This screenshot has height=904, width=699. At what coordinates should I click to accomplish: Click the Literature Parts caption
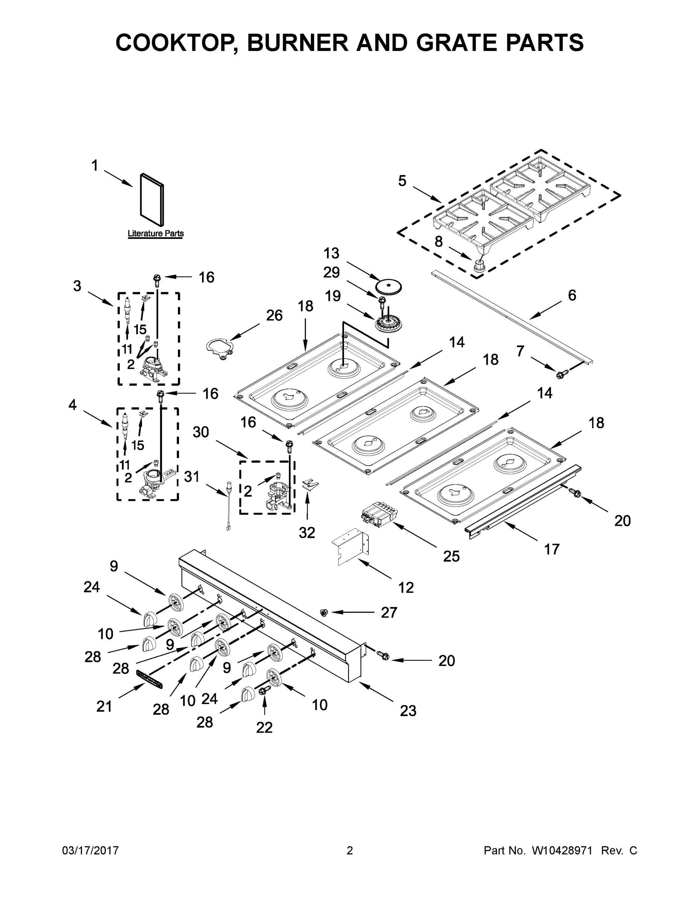155,234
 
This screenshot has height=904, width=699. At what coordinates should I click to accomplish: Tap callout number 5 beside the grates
402,181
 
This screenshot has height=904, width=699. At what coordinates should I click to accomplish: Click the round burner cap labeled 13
389,286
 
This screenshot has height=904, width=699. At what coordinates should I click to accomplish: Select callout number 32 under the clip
307,533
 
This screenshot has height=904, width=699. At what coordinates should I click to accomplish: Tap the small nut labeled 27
324,612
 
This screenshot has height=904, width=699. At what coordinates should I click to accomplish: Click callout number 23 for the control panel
408,711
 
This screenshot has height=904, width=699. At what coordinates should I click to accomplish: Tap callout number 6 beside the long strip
572,295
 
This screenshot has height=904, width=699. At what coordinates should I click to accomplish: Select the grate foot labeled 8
480,266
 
